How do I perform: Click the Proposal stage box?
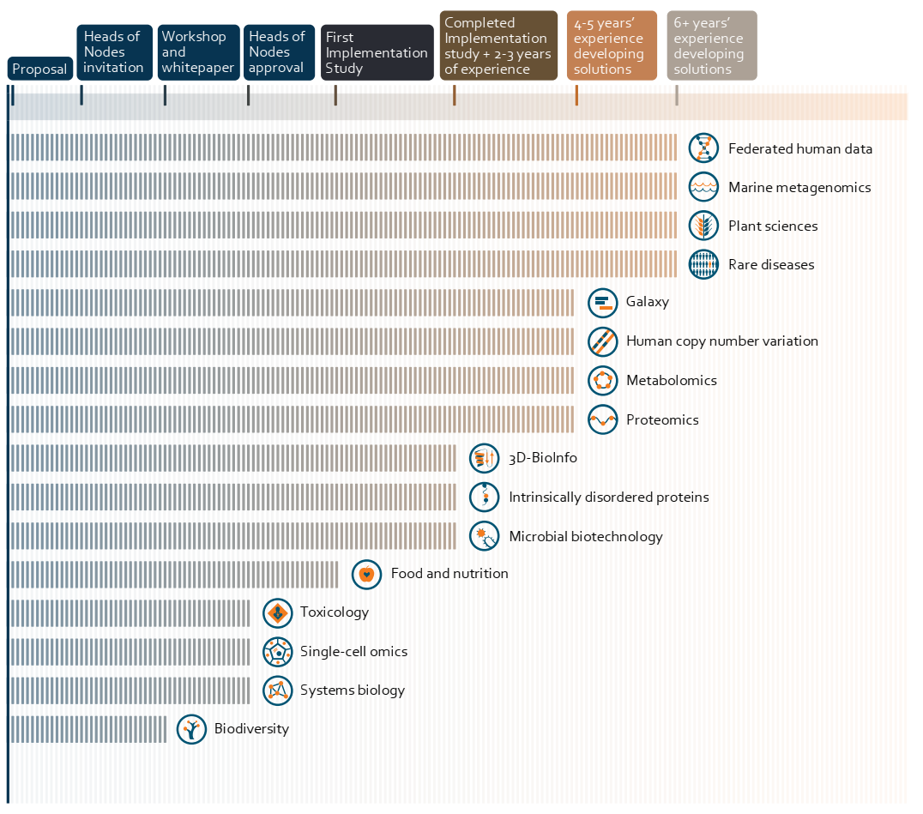tap(40, 69)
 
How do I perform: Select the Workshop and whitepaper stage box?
tap(198, 52)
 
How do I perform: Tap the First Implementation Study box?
tap(377, 52)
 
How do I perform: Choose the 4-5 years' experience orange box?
tap(612, 45)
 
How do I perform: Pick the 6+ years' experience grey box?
tap(712, 45)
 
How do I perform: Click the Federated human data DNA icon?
tap(703, 148)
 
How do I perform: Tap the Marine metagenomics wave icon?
tap(703, 187)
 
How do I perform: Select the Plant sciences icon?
tap(703, 226)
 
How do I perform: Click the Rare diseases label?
tap(771, 265)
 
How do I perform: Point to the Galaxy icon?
tap(603, 303)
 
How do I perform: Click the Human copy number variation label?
tap(721, 341)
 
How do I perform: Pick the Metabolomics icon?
tap(603, 380)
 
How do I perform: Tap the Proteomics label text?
tap(662, 419)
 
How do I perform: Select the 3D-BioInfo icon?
tap(485, 458)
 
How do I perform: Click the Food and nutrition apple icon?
tap(367, 574)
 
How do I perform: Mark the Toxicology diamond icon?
tap(278, 613)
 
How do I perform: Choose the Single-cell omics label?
tap(353, 652)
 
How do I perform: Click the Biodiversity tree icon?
tap(191, 729)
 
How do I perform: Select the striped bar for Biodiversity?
tap(89, 729)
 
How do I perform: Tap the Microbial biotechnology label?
tap(586, 537)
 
